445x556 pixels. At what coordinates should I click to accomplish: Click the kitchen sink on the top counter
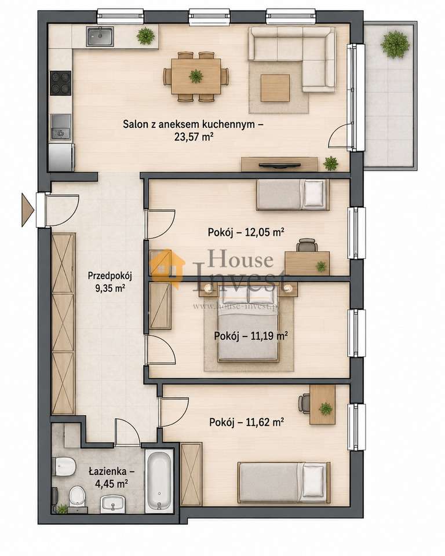pos(100,37)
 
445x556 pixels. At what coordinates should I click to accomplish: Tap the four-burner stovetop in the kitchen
pos(61,83)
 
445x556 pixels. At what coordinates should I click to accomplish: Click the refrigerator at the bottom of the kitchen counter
pos(61,157)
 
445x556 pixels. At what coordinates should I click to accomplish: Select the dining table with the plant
pos(196,76)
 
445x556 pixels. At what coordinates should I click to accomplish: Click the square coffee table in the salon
pos(275,87)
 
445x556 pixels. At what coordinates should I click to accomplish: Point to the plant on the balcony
pos(395,44)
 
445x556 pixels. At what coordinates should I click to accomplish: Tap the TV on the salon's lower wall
pos(279,165)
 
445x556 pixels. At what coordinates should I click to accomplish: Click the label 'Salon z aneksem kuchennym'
pos(194,125)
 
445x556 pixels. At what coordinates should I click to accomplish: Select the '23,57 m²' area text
pos(194,137)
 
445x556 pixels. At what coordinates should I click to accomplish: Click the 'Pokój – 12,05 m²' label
pos(246,233)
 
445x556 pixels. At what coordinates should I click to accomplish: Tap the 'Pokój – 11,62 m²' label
pos(246,422)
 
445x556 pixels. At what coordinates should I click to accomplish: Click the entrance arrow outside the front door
pos(28,210)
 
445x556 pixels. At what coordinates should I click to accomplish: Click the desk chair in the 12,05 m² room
pos(307,245)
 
